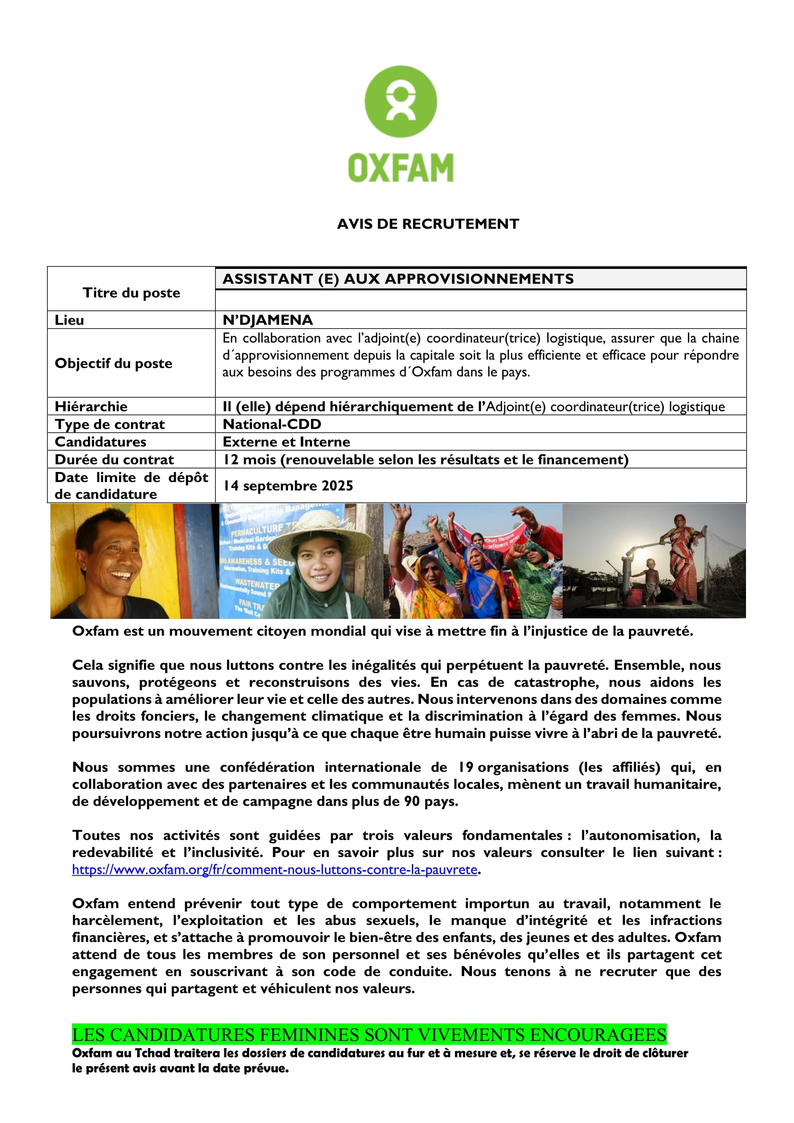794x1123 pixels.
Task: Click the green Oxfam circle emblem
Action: [400, 101]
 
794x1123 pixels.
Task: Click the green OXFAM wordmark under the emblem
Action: [400, 168]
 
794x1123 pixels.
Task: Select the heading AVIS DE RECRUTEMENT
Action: [428, 224]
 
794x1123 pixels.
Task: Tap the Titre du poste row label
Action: [131, 293]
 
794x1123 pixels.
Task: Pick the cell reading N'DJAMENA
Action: [267, 320]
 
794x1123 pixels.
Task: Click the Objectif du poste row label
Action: [113, 363]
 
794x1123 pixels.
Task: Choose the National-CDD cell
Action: [272, 424]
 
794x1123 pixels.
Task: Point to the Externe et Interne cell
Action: [287, 442]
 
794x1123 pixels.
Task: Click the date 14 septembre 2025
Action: [289, 486]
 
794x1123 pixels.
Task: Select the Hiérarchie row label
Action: [91, 407]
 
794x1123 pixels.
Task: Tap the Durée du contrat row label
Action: [114, 460]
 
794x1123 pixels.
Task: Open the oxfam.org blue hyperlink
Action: [274, 869]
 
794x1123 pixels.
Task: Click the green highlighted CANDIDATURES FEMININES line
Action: [369, 1035]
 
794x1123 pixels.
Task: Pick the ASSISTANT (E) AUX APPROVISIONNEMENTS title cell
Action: [398, 279]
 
